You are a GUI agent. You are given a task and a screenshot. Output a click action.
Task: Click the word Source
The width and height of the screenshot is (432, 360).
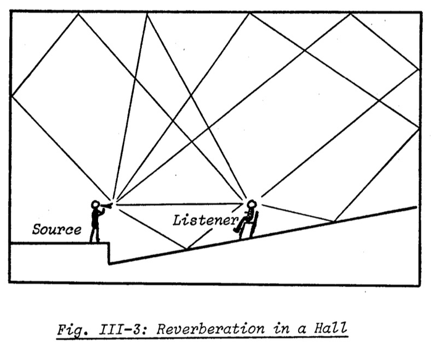click(57, 230)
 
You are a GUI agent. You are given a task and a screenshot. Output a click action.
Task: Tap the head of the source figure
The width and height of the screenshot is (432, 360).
click(96, 204)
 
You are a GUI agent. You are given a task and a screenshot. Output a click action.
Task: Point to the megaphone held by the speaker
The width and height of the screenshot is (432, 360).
click(107, 205)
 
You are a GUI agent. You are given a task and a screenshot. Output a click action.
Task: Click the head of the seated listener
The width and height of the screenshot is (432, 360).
click(251, 203)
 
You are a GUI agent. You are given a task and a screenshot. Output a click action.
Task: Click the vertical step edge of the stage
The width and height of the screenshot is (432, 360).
click(109, 253)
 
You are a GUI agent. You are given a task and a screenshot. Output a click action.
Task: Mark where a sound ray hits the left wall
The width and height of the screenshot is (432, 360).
click(12, 95)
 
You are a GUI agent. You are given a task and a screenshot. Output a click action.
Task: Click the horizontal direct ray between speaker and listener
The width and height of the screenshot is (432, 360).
click(179, 203)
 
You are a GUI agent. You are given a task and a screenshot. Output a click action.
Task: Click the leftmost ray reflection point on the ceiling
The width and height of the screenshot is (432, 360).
click(78, 14)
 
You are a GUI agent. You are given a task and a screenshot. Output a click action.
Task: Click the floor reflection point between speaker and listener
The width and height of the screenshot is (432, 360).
click(186, 249)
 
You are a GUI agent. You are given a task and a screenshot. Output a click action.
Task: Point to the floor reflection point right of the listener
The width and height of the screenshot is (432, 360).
click(334, 221)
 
